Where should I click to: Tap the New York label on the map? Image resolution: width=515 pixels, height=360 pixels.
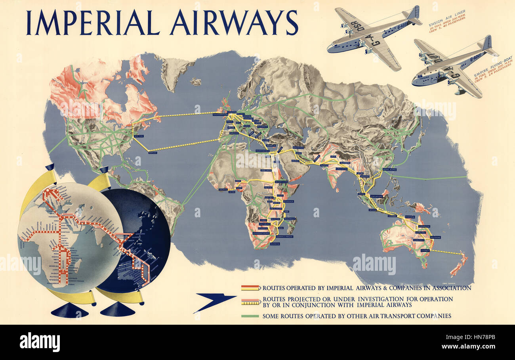click(x=138, y=136)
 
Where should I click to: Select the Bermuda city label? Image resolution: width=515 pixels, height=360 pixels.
click(x=153, y=153)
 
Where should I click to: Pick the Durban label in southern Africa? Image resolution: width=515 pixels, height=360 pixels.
click(x=275, y=243)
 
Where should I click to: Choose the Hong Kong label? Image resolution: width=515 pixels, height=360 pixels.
click(x=390, y=170)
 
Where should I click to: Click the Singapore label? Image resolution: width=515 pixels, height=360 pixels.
click(x=376, y=196)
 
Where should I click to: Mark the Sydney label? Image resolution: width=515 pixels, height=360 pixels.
click(x=425, y=251)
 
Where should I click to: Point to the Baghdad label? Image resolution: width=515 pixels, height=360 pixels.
click(x=298, y=147)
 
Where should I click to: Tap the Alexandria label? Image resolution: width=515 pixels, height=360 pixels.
click(x=262, y=151)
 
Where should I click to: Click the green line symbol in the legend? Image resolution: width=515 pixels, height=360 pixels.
click(x=250, y=316)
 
